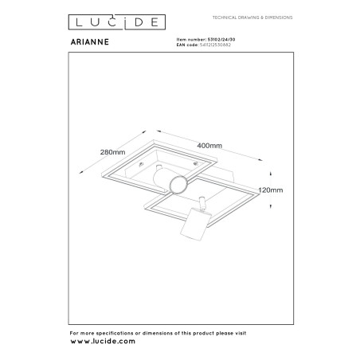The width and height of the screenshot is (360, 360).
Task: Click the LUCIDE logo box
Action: coord(117,22)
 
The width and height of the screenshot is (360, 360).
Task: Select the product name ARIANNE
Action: coord(90,42)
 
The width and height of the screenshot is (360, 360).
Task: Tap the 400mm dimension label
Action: coord(209,146)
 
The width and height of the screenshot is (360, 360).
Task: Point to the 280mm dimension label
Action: coord(112,152)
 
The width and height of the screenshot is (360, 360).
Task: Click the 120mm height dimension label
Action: coord(271,190)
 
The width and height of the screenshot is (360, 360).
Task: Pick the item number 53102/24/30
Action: coord(221,40)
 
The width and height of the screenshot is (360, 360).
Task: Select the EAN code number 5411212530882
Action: coord(215,45)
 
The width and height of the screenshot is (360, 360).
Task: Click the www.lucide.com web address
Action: coord(103,341)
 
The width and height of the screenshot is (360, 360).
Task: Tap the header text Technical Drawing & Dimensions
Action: coord(252,18)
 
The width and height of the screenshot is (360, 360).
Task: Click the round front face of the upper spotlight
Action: coord(178,185)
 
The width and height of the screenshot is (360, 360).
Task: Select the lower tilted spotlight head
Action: coord(195,224)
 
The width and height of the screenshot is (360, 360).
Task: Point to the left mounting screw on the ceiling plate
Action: coord(141,164)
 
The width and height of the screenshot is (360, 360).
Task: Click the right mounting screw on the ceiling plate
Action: coord(196,164)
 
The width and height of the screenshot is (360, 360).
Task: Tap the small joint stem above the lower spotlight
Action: coord(202,202)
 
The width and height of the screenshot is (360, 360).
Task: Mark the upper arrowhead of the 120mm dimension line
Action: coord(270,174)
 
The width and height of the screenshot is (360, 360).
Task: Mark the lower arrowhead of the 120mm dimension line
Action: coord(270,206)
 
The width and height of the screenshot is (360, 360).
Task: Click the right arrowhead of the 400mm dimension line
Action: coord(260,159)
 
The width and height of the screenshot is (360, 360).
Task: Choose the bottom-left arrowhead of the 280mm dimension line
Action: coord(81,172)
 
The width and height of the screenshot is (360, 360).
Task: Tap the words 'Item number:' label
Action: coord(191,40)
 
